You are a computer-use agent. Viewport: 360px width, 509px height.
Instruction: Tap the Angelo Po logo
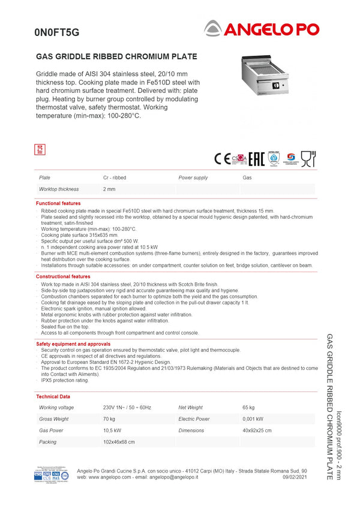tap(262, 28)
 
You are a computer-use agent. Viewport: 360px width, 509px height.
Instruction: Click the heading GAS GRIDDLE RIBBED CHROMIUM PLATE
tap(117, 57)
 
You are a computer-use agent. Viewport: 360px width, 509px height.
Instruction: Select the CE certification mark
tap(222, 159)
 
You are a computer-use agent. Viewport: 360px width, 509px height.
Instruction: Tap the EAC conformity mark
tap(257, 159)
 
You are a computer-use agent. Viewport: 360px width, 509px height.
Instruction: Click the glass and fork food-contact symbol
tap(308, 159)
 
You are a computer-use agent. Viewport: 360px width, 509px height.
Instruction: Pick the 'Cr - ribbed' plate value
tap(115, 178)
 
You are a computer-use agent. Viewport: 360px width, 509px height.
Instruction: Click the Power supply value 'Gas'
tap(247, 178)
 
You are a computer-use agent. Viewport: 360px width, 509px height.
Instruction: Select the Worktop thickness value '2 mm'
tap(109, 189)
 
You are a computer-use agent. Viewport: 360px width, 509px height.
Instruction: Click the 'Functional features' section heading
tap(58, 204)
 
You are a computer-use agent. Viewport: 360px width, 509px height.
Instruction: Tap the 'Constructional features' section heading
tap(63, 276)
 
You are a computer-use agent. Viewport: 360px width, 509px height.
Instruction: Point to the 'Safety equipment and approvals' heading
tap(73, 344)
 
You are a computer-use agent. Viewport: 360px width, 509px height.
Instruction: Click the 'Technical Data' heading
tap(53, 397)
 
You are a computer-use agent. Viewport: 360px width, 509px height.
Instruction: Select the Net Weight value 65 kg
tap(249, 408)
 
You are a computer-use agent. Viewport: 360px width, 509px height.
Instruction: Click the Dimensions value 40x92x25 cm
tap(257, 430)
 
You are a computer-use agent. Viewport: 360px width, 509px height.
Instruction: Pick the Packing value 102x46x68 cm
tap(119, 442)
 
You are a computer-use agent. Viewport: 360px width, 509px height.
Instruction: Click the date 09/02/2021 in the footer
tap(294, 477)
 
